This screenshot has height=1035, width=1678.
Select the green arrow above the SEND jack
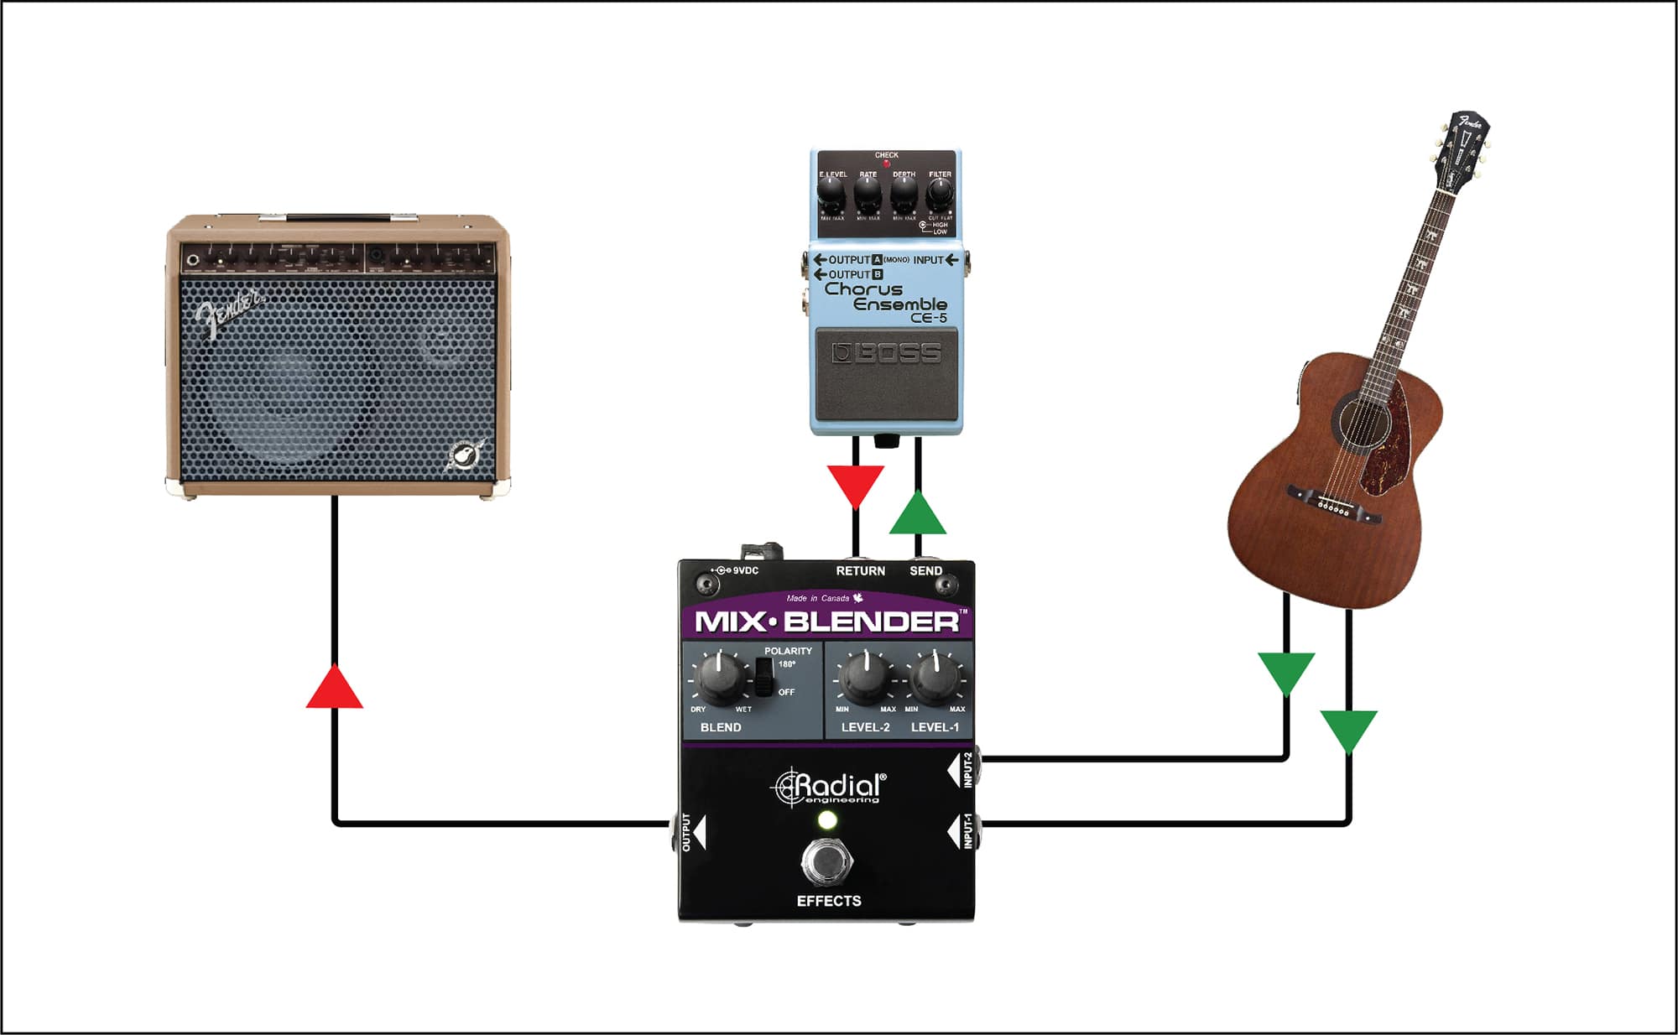point(917,515)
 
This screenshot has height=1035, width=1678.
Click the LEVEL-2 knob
point(865,678)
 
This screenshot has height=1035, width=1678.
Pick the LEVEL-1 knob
point(935,678)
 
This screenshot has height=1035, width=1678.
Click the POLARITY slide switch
point(763,677)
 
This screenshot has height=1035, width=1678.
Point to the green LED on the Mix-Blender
point(827,820)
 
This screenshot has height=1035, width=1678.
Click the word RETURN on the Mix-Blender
point(860,571)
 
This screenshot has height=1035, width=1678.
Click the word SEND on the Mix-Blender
point(926,571)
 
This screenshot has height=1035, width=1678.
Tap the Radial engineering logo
point(829,788)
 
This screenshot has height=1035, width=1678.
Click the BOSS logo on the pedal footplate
point(886,353)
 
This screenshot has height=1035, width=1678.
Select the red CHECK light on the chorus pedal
point(886,164)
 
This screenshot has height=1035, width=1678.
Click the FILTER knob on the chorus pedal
point(939,195)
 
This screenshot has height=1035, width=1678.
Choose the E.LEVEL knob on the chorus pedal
point(831,195)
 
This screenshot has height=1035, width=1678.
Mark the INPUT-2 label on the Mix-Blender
point(967,770)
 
